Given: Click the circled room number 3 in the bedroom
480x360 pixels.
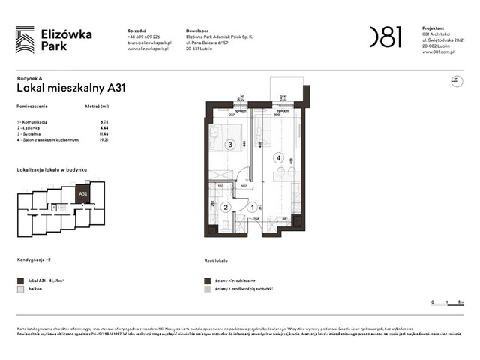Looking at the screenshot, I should coord(231,145).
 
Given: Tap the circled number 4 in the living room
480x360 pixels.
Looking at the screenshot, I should coord(278,158).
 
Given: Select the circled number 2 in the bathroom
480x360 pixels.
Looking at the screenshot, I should coord(224,208).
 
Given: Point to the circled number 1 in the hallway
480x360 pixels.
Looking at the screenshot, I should coord(253,208).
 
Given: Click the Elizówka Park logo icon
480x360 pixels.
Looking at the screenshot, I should coord(25,40).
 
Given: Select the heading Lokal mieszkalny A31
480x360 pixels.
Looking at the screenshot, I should coord(70,87).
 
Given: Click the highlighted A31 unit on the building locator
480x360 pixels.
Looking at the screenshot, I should coord(83,193).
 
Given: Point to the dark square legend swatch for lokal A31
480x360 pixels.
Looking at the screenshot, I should coord(20,279).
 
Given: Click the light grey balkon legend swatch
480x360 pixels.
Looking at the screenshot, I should coord(20,288).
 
